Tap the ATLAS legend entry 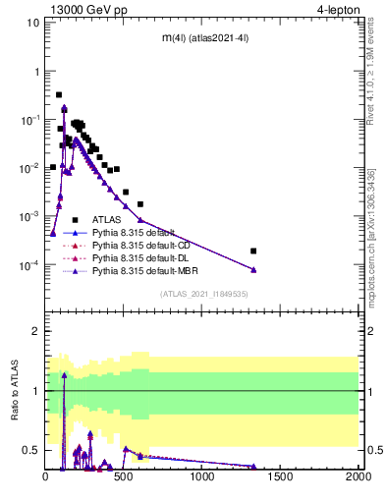[107, 219]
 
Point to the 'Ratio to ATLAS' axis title [15, 391]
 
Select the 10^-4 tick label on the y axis [29, 264]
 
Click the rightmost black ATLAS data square [253, 251]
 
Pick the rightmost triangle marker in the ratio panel [253, 467]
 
